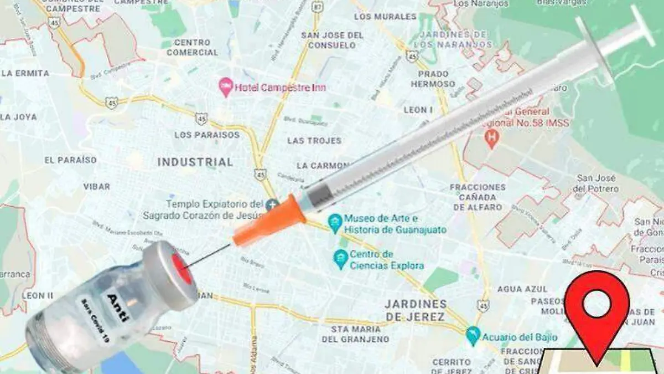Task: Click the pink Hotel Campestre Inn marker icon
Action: point(225,86)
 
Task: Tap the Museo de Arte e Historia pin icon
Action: point(334,223)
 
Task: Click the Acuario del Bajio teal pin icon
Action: point(473,335)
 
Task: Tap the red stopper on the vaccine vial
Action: point(181,268)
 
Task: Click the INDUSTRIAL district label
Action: point(195,162)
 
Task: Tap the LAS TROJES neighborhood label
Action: point(314,141)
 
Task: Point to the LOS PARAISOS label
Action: point(207,135)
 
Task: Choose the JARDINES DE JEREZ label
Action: point(415,310)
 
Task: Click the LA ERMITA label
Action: point(25,73)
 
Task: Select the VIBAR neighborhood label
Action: point(96,187)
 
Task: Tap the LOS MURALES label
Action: point(385,17)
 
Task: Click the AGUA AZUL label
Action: point(522,289)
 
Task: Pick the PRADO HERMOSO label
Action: point(433,79)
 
